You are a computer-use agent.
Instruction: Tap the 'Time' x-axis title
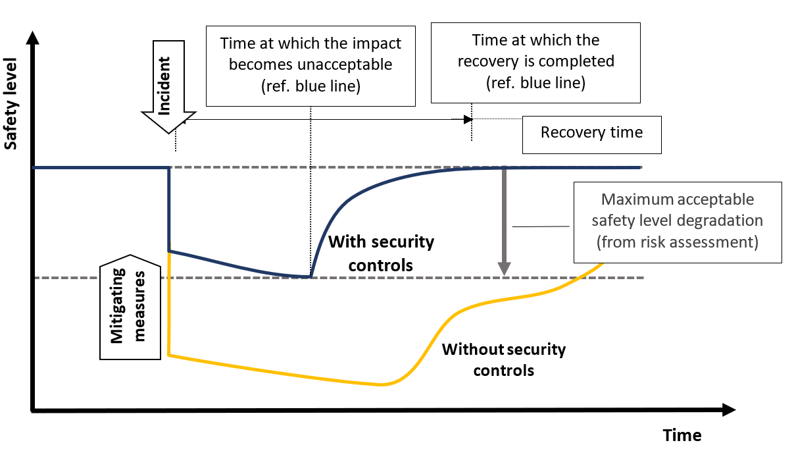click(x=682, y=435)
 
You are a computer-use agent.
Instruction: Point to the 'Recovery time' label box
click(x=591, y=133)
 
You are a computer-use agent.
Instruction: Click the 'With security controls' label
click(x=381, y=253)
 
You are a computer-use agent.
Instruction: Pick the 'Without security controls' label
click(x=503, y=359)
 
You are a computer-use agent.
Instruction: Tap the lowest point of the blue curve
click(x=309, y=277)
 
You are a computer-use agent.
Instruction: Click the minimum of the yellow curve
click(x=380, y=384)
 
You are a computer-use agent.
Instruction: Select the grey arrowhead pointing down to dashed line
click(x=504, y=269)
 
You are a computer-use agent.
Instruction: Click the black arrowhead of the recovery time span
click(x=468, y=119)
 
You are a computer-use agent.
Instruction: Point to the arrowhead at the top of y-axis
click(x=32, y=37)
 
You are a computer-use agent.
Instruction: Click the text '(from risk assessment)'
click(x=677, y=242)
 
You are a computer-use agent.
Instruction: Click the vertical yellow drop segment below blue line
click(x=170, y=303)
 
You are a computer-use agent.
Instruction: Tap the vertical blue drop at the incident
click(x=170, y=209)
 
